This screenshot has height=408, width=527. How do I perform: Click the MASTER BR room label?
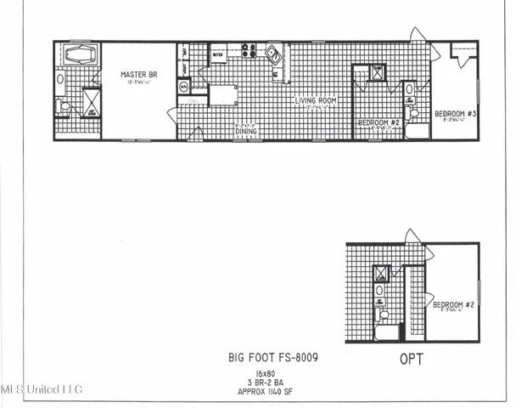pos(138,75)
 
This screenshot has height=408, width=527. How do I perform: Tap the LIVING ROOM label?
pos(316,101)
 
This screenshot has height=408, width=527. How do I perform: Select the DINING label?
pos(246,132)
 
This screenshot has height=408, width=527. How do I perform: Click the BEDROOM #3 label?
pos(456,113)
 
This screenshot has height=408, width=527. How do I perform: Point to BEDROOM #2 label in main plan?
pos(378,122)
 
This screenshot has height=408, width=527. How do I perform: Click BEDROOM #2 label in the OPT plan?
pos(452,304)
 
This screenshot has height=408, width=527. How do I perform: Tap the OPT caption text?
pos(412,359)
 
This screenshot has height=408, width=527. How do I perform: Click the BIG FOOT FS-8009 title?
pos(273,358)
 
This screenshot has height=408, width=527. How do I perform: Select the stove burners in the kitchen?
pos(249,51)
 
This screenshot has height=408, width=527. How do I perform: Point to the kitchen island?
pos(223,94)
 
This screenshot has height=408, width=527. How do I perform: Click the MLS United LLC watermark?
pos(41,389)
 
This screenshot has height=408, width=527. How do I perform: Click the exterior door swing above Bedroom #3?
pos(418,36)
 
